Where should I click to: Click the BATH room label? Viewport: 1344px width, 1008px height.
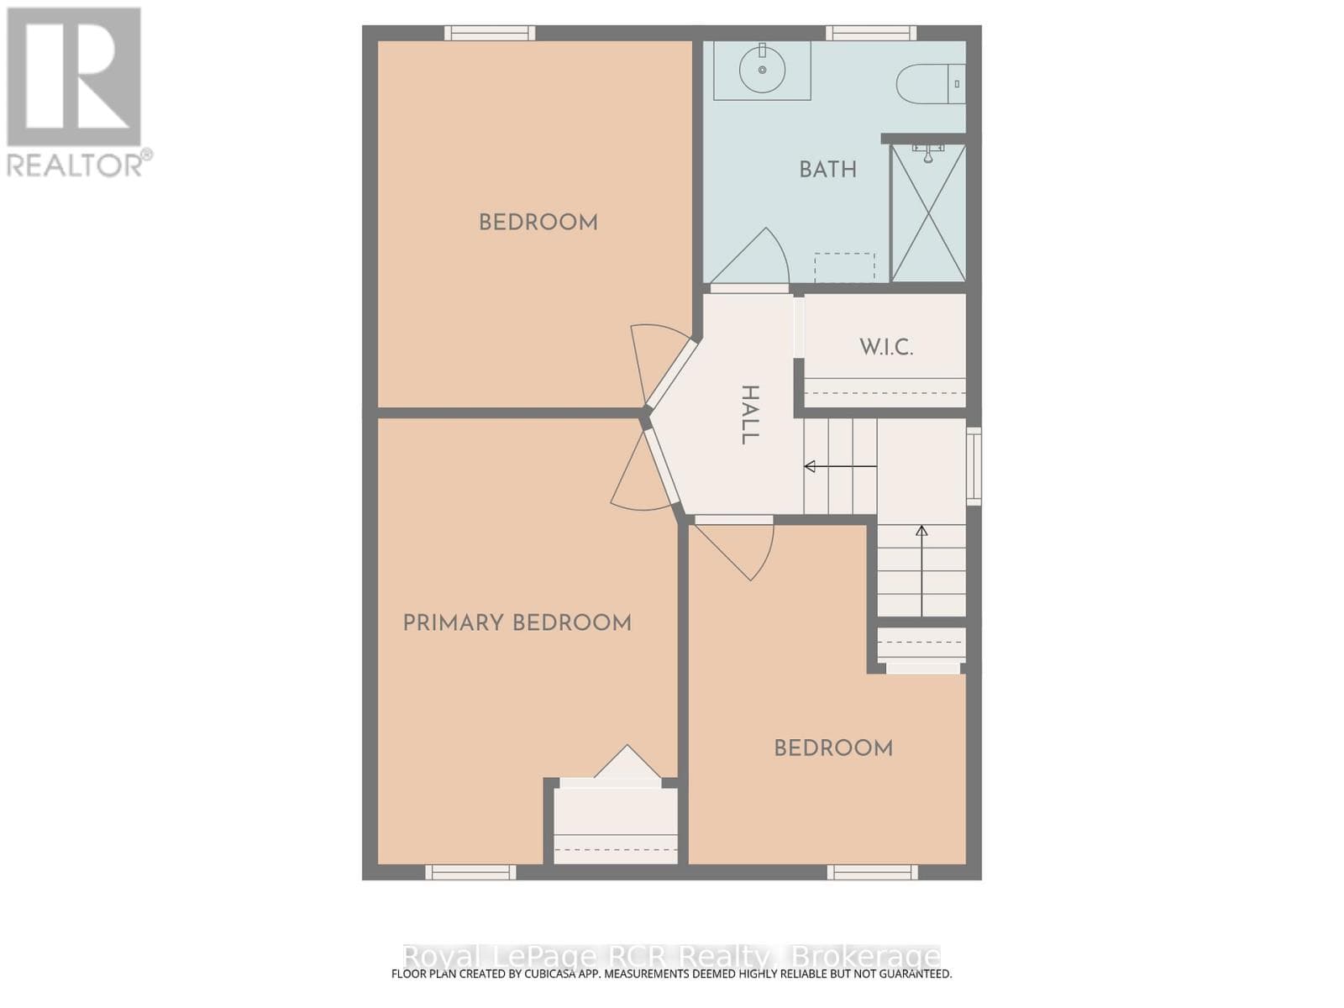(x=827, y=170)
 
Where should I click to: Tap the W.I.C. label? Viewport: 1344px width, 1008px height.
(x=886, y=348)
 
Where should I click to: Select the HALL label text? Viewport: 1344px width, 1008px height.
(x=749, y=415)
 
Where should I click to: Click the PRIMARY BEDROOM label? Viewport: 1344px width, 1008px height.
(x=517, y=623)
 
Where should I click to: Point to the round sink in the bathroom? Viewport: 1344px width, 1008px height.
(x=763, y=70)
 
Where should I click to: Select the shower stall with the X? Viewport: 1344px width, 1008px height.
(x=928, y=213)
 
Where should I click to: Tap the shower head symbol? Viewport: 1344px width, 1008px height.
(x=928, y=154)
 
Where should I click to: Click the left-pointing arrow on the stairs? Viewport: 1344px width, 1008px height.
(x=840, y=466)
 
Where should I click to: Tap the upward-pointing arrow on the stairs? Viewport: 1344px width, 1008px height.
(x=921, y=570)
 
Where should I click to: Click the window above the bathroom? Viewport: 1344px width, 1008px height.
(x=871, y=33)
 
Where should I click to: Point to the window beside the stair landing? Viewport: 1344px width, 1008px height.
(x=974, y=466)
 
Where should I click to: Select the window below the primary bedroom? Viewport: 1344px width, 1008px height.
(x=470, y=872)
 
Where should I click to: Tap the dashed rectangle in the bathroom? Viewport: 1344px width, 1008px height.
(x=844, y=267)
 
